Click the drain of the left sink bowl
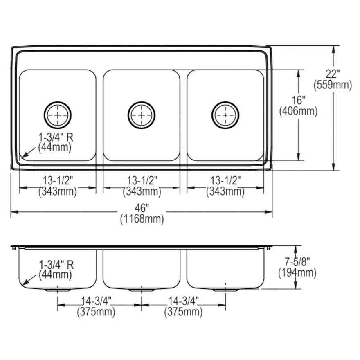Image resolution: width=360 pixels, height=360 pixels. click(x=58, y=115)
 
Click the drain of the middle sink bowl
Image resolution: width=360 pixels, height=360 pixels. click(x=142, y=115)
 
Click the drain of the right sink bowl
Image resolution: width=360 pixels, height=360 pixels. click(x=225, y=115)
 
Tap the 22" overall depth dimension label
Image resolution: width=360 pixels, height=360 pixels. click(x=333, y=74)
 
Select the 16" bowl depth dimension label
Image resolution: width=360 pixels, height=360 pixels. click(x=298, y=100)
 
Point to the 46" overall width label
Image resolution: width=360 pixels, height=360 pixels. click(x=142, y=208)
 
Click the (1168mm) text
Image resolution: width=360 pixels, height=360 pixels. click(x=142, y=219)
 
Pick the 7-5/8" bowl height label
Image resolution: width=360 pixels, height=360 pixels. click(x=297, y=261)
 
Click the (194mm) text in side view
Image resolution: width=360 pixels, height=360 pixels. click(x=297, y=273)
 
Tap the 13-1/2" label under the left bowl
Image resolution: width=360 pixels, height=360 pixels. click(x=58, y=180)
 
